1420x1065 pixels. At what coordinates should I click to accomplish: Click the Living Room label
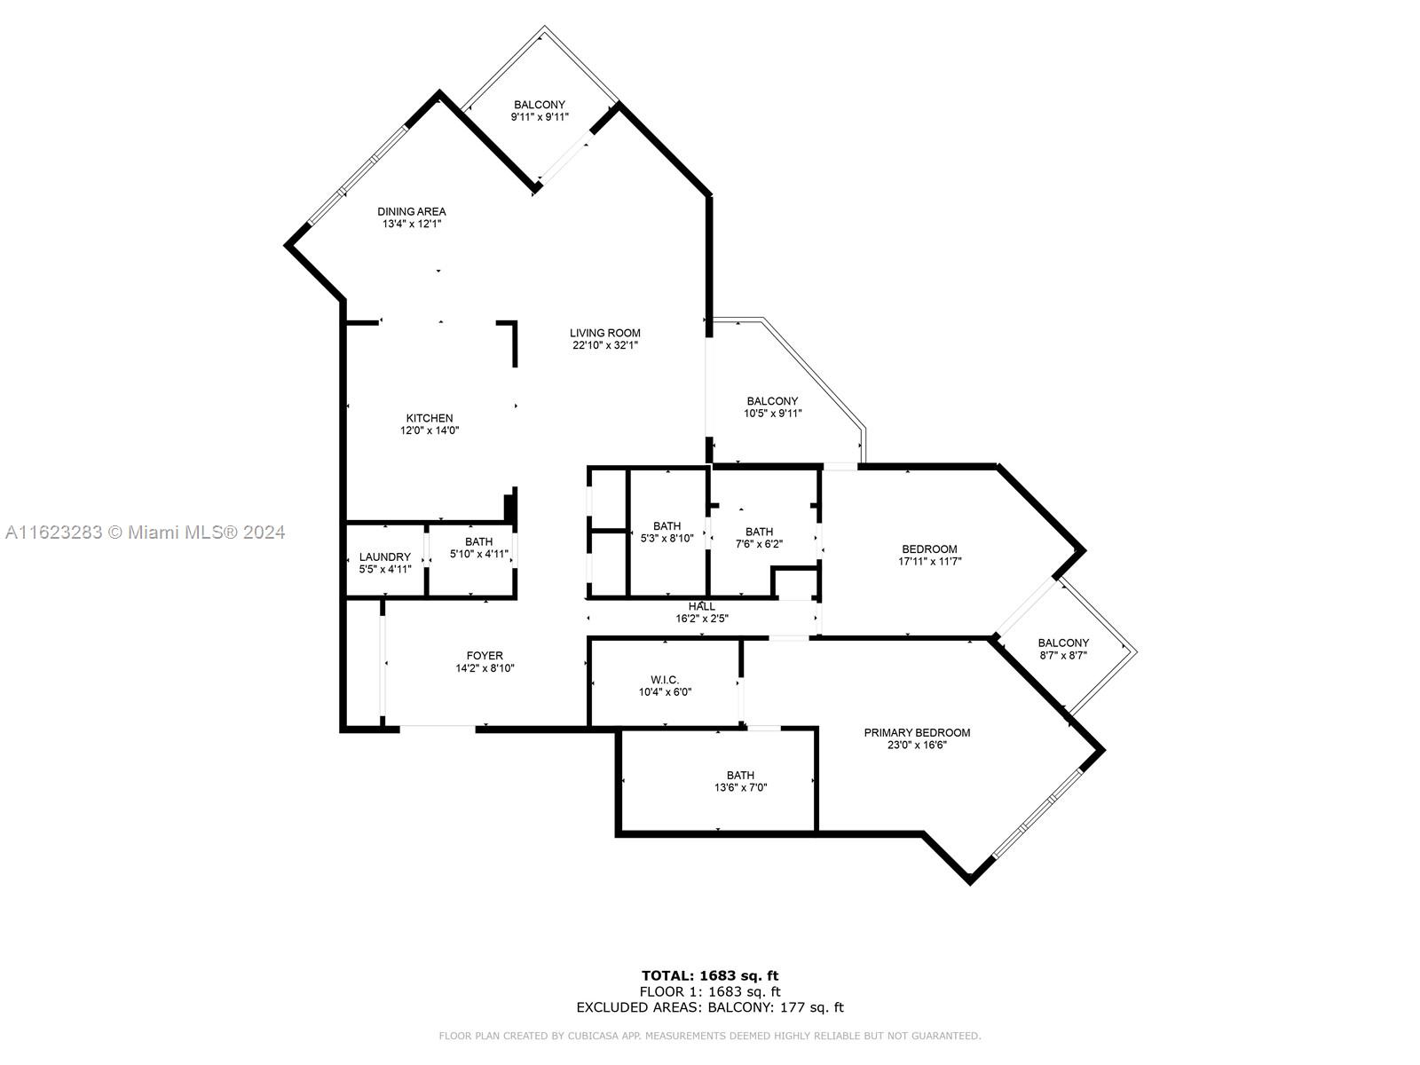(x=604, y=334)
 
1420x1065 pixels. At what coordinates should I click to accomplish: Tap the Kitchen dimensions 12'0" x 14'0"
(x=430, y=430)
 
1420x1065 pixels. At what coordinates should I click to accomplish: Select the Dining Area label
(x=411, y=212)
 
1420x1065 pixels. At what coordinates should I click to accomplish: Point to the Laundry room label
(x=385, y=557)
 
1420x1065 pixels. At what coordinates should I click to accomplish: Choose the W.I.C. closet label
(x=664, y=680)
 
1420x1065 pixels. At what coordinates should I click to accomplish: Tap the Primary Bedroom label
(x=917, y=733)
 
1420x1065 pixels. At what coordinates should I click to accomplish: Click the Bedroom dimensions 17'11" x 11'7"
(x=929, y=561)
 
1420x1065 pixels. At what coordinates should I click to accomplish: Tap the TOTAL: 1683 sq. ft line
(x=710, y=976)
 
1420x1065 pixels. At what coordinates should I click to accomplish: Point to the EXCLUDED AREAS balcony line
(x=710, y=1007)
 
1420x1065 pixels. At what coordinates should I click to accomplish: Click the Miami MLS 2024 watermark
(x=145, y=532)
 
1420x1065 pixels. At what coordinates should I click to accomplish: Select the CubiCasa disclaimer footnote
(x=710, y=1036)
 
